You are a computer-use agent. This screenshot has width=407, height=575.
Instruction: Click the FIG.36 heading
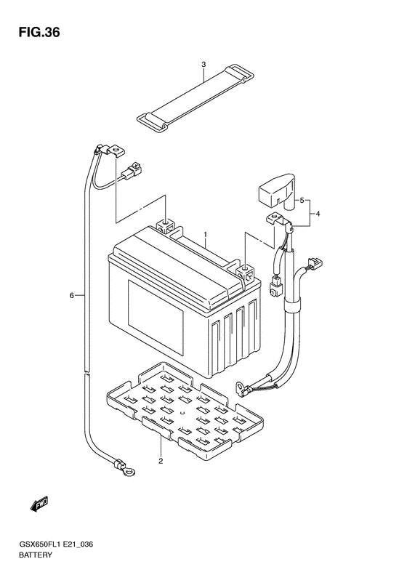pyautogui.click(x=39, y=33)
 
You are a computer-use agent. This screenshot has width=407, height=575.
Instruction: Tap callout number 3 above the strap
pyautogui.click(x=204, y=65)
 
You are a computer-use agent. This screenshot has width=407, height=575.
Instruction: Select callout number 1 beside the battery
pyautogui.click(x=206, y=234)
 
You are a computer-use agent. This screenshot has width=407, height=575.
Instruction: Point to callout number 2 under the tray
pyautogui.click(x=161, y=462)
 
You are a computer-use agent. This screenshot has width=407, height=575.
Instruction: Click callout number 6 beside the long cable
pyautogui.click(x=72, y=295)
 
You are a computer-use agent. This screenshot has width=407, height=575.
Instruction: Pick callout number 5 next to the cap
pyautogui.click(x=302, y=200)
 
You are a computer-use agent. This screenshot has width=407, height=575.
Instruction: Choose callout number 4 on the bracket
pyautogui.click(x=318, y=214)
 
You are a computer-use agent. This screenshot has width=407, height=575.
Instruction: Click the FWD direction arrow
pyautogui.click(x=39, y=504)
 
